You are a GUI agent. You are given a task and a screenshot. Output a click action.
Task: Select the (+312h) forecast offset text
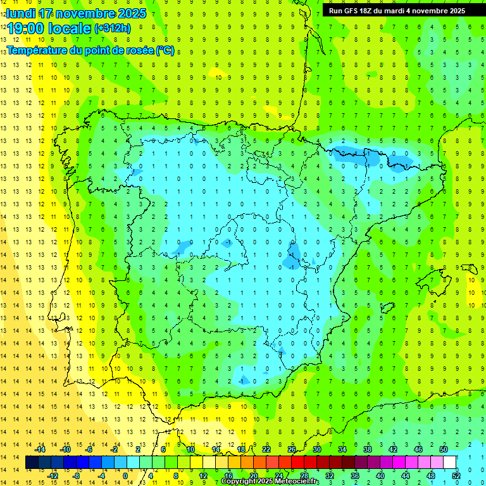(113, 28)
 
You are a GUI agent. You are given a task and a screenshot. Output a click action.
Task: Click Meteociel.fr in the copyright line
(297, 482)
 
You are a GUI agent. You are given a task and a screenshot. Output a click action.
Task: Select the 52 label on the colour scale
(456, 476)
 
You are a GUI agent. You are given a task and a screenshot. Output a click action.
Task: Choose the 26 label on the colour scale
(292, 449)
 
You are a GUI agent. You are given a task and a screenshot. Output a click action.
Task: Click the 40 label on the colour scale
(380, 476)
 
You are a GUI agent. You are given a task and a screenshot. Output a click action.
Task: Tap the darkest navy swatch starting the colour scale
(32, 463)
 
